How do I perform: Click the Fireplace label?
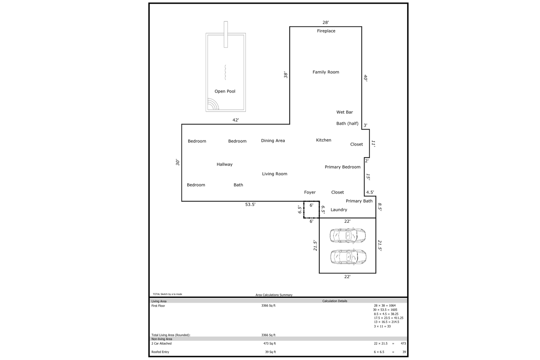[x=326, y=31]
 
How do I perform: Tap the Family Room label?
[x=326, y=72]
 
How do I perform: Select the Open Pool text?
[x=225, y=91]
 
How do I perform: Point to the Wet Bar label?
[x=345, y=112]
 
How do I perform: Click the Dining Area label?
[x=273, y=140]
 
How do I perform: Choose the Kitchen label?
[x=324, y=140]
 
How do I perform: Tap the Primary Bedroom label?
[x=343, y=167]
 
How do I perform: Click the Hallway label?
[x=224, y=165]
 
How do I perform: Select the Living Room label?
[x=275, y=174]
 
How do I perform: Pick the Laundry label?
[x=339, y=210]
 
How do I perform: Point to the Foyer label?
[x=310, y=192]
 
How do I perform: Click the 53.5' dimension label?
[x=250, y=204]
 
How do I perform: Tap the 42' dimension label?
[x=235, y=120]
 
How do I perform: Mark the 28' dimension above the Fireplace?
[x=325, y=22]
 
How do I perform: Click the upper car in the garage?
[x=348, y=235]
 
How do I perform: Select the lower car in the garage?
[x=348, y=257]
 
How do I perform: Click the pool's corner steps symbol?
[x=213, y=104]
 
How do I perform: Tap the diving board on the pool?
[x=226, y=35]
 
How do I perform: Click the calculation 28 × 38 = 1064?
[x=385, y=306]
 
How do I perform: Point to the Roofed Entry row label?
[x=160, y=352]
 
